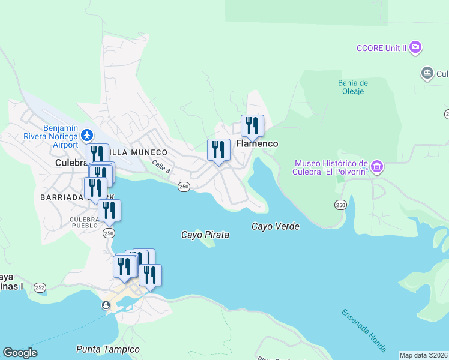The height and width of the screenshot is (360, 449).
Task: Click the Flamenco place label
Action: click(x=257, y=144)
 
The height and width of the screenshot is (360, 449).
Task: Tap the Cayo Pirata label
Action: click(x=205, y=235)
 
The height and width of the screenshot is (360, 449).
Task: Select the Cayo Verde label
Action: click(x=275, y=226)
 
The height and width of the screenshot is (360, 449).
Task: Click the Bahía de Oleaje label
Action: click(x=352, y=87)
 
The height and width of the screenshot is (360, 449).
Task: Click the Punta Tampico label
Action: click(x=108, y=349)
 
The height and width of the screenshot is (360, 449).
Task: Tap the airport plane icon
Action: click(x=88, y=134)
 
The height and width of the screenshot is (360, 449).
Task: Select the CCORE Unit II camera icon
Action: click(x=415, y=47)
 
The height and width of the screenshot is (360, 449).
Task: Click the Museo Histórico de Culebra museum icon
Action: click(x=377, y=166)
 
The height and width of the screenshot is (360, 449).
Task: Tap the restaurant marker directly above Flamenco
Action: click(x=252, y=126)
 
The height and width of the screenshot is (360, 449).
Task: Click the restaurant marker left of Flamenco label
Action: click(x=218, y=150)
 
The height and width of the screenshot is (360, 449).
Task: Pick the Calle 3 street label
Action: click(x=161, y=167)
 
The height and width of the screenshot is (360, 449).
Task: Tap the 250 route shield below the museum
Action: click(x=341, y=205)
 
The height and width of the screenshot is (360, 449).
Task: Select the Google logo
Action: click(x=20, y=353)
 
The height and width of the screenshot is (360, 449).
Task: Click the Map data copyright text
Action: click(x=424, y=355)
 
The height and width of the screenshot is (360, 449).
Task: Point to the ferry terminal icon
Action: click(x=106, y=305)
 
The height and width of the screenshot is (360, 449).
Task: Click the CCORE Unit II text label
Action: click(x=381, y=48)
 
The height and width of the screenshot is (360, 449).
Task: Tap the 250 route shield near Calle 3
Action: click(x=184, y=187)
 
